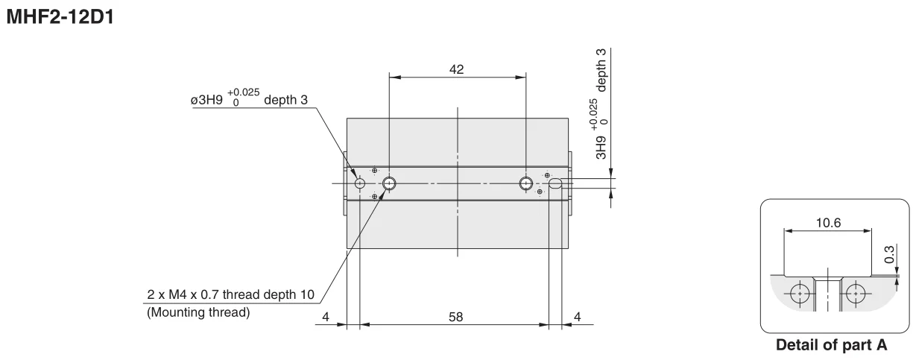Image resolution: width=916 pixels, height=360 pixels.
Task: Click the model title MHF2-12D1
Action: click(60, 17)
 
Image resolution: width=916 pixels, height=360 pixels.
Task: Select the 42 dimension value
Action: click(456, 69)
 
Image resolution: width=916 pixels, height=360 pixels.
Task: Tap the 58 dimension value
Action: click(455, 317)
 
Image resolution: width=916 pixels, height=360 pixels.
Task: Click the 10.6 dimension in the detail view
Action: click(828, 223)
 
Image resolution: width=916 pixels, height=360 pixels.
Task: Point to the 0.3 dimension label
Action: click(889, 254)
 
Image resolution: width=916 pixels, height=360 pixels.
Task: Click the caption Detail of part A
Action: click(831, 345)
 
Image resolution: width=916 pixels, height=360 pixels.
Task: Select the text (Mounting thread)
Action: click(198, 312)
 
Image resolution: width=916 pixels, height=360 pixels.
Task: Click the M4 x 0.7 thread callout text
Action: click(230, 294)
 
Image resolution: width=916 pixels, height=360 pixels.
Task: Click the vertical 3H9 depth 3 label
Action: click(599, 104)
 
